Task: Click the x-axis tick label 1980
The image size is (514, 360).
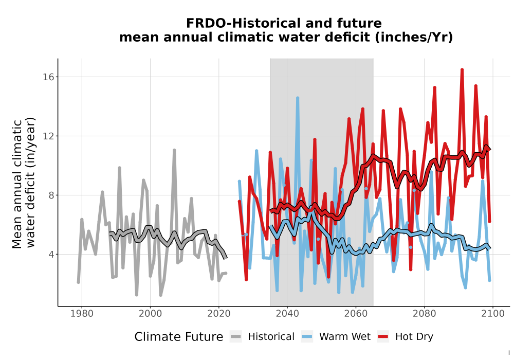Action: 82,313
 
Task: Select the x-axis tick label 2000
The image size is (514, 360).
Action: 150,313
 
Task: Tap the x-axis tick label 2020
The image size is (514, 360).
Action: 218,313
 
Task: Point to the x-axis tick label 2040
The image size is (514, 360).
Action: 287,313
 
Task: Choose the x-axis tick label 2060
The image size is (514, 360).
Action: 356,313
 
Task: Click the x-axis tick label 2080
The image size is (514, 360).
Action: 424,313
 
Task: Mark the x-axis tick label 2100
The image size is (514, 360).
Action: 493,313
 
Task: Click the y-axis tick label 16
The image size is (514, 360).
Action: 48,77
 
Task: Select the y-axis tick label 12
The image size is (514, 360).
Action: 48,136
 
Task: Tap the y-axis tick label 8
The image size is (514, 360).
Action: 51,195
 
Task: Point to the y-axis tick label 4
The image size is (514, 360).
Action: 51,254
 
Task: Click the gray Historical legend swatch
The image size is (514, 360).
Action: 236,336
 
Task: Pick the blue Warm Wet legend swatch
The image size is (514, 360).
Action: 307,336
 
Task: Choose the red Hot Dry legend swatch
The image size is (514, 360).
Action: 383,336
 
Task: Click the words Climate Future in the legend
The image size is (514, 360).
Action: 179,337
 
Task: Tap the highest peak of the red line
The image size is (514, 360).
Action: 462,70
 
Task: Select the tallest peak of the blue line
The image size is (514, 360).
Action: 298,98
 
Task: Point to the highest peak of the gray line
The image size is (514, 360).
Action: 174,150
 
